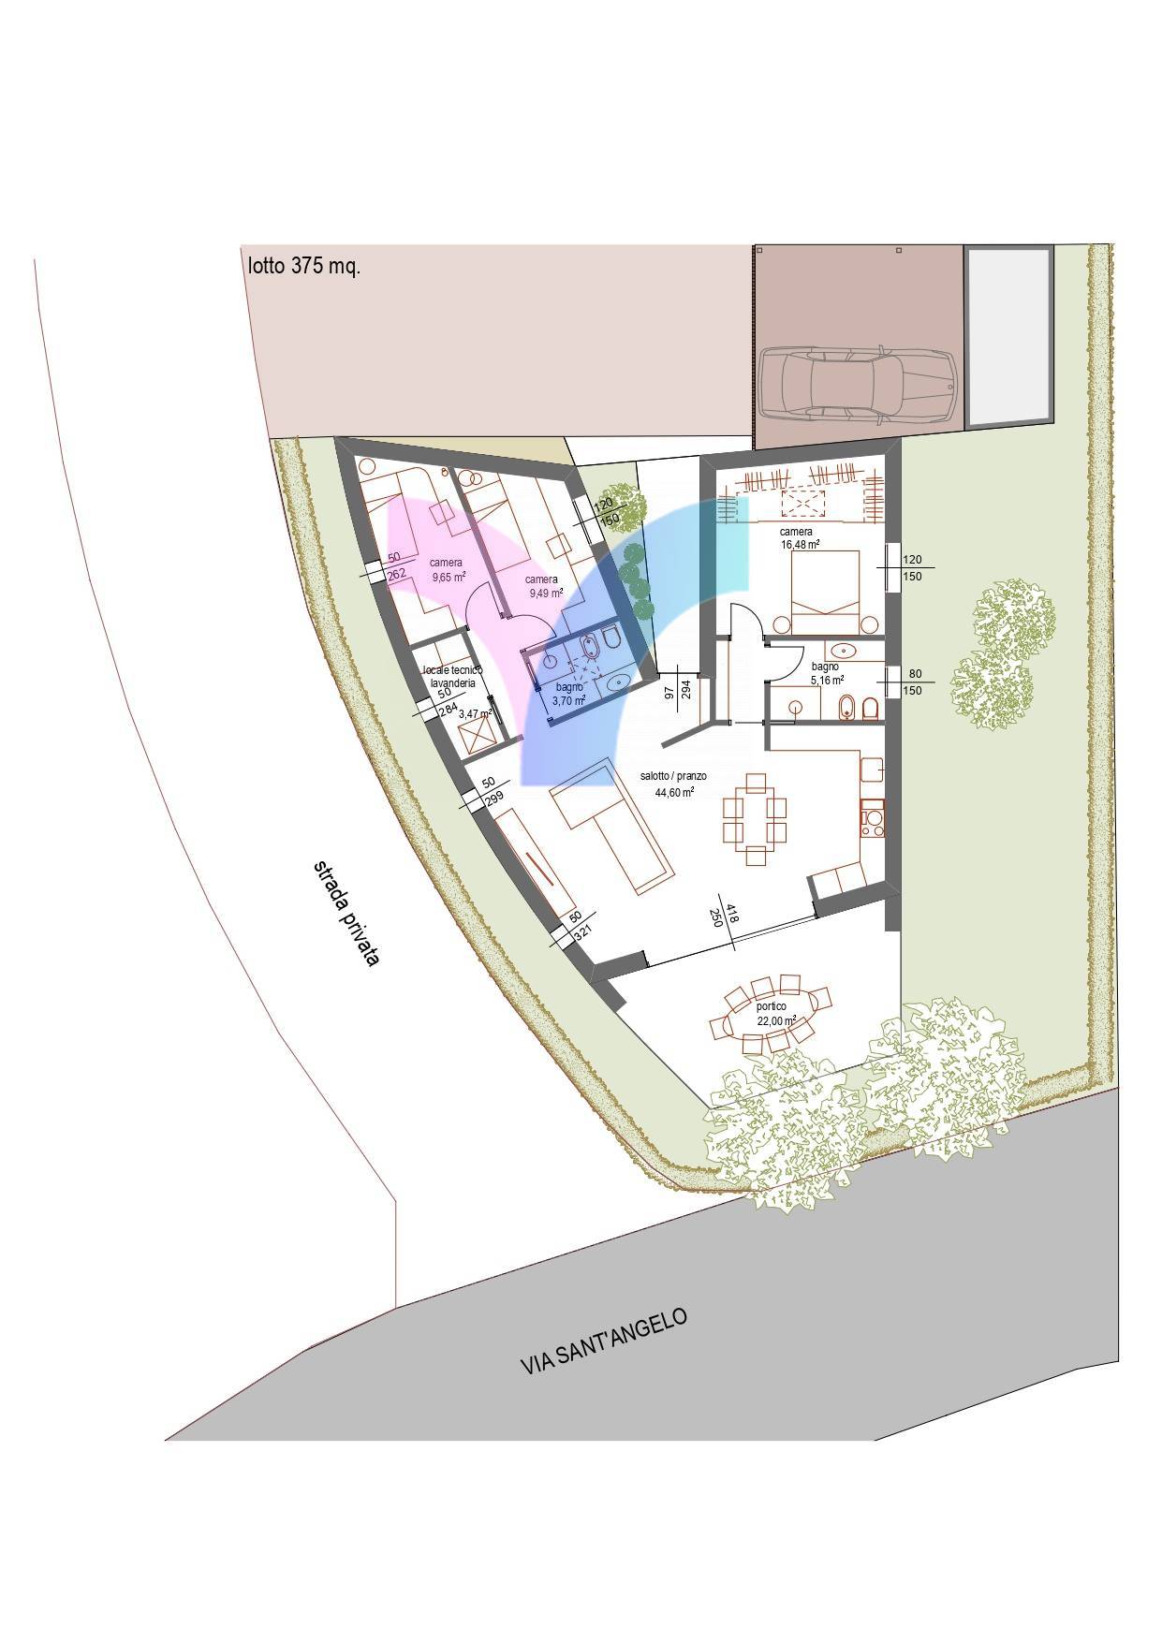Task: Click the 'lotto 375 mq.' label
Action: (303, 267)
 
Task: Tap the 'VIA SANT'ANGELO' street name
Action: (604, 1341)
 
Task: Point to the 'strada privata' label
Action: (345, 913)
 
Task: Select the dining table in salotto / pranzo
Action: (754, 812)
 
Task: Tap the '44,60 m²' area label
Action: (674, 792)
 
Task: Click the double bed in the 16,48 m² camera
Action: (825, 592)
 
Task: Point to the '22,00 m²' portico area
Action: (776, 1020)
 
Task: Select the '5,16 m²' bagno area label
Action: (827, 680)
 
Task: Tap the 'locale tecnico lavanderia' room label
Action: (452, 677)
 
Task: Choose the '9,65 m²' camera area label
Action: (449, 578)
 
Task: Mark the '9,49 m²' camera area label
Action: (546, 593)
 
